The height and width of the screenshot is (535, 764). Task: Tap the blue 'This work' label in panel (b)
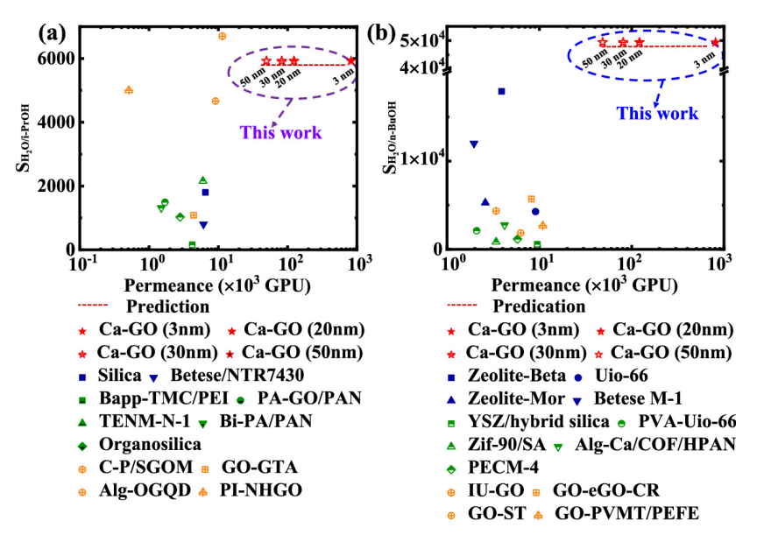pyautogui.click(x=657, y=113)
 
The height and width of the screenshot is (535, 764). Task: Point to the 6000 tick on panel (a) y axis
pyautogui.click(x=60, y=59)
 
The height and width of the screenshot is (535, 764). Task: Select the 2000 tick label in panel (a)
pyautogui.click(x=60, y=187)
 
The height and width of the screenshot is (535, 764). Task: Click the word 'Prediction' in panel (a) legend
pyautogui.click(x=167, y=306)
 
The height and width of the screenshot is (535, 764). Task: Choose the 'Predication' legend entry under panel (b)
pyautogui.click(x=539, y=306)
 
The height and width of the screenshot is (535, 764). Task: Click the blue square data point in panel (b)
pyautogui.click(x=501, y=91)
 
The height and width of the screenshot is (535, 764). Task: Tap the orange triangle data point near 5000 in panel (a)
pyautogui.click(x=129, y=90)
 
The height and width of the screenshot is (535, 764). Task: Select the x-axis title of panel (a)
pyautogui.click(x=217, y=286)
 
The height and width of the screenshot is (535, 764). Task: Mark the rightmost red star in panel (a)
pyautogui.click(x=351, y=60)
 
